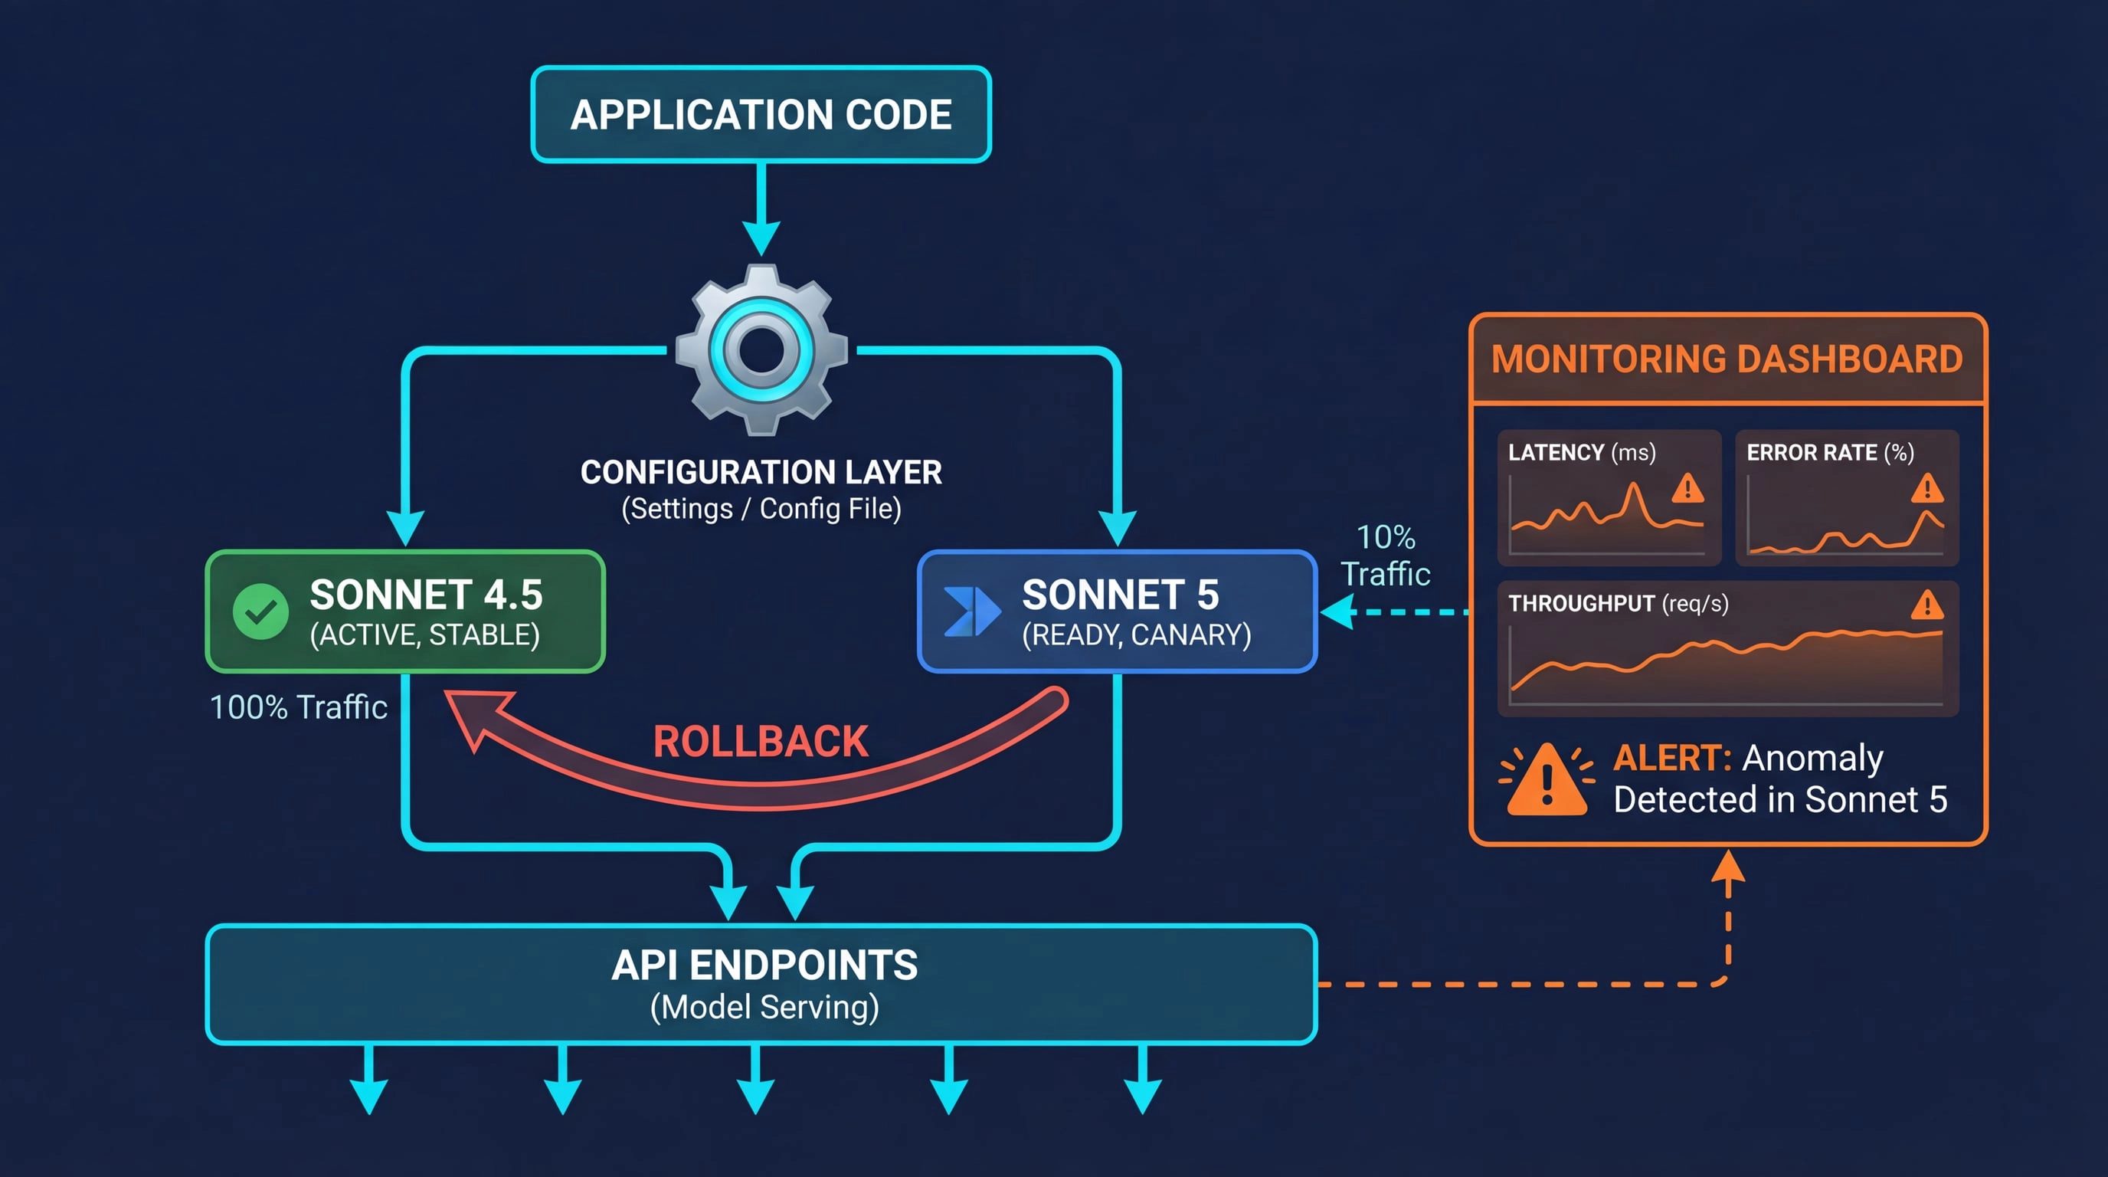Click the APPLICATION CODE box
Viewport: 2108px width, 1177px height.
(761, 115)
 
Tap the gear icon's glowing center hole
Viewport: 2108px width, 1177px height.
(761, 349)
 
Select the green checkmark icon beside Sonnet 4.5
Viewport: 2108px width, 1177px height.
(260, 611)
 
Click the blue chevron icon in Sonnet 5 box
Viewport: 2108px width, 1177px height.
(971, 611)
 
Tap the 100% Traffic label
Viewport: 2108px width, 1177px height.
(299, 707)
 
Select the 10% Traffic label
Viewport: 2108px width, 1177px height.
(1386, 556)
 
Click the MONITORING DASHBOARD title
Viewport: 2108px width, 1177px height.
(1727, 359)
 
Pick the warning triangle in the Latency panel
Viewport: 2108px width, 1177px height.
(1687, 490)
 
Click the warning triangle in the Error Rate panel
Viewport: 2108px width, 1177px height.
(1927, 490)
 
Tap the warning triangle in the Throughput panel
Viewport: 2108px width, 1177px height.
(1927, 606)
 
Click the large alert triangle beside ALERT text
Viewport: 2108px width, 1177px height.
(1546, 782)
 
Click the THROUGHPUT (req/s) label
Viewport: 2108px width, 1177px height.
(1618, 604)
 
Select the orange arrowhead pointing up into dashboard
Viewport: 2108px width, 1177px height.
(1727, 866)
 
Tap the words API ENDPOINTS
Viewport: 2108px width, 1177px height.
(764, 966)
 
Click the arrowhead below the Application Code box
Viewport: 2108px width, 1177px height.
(761, 239)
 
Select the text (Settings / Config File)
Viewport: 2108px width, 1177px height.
(761, 509)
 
